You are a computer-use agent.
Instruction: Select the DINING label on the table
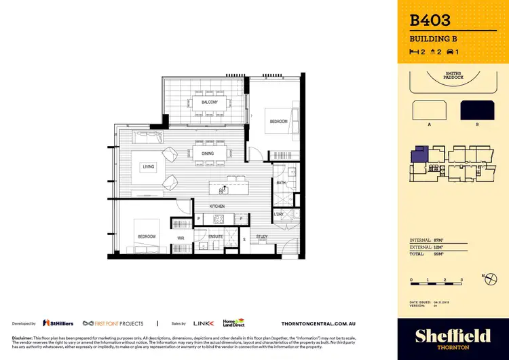(x=208, y=154)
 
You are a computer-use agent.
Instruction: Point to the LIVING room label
(x=149, y=166)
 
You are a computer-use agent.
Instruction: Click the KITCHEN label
(x=216, y=205)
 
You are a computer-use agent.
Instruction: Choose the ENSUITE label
(x=216, y=237)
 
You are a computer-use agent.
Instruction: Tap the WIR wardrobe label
(x=181, y=238)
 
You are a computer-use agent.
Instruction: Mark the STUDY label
(x=262, y=237)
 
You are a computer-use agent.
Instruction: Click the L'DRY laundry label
(x=279, y=214)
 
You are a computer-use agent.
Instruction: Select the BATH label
(x=280, y=183)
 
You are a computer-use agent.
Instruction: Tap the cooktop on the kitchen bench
(x=219, y=219)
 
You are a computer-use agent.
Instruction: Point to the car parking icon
(x=449, y=52)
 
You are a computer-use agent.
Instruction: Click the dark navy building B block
(x=477, y=110)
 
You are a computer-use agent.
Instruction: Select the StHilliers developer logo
(x=57, y=323)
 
